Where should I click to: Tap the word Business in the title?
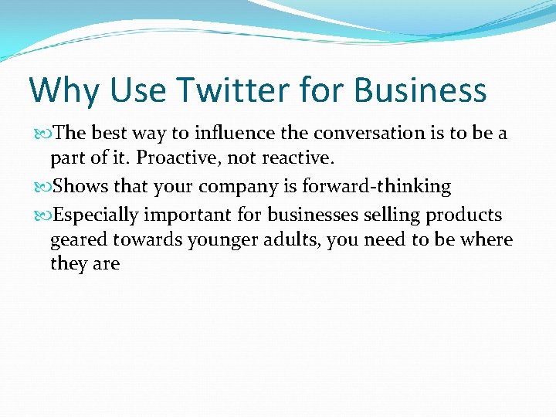(x=421, y=90)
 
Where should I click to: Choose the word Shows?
(x=81, y=187)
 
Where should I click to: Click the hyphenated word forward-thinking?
(x=376, y=187)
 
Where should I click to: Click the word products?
(x=464, y=215)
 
